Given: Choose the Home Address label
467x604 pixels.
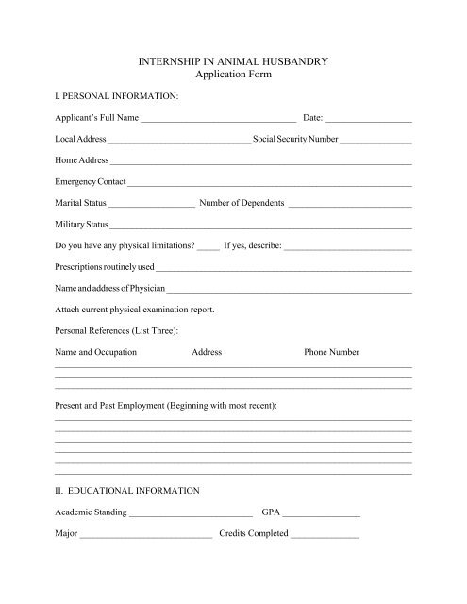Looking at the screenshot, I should coord(82,160).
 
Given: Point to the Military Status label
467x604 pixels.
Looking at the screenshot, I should coord(83,225).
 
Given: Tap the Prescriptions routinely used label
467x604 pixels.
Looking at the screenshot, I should coord(104,267).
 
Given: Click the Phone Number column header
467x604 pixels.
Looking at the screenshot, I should coord(331,352).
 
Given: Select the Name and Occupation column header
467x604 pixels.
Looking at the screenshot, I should coord(95,352).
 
